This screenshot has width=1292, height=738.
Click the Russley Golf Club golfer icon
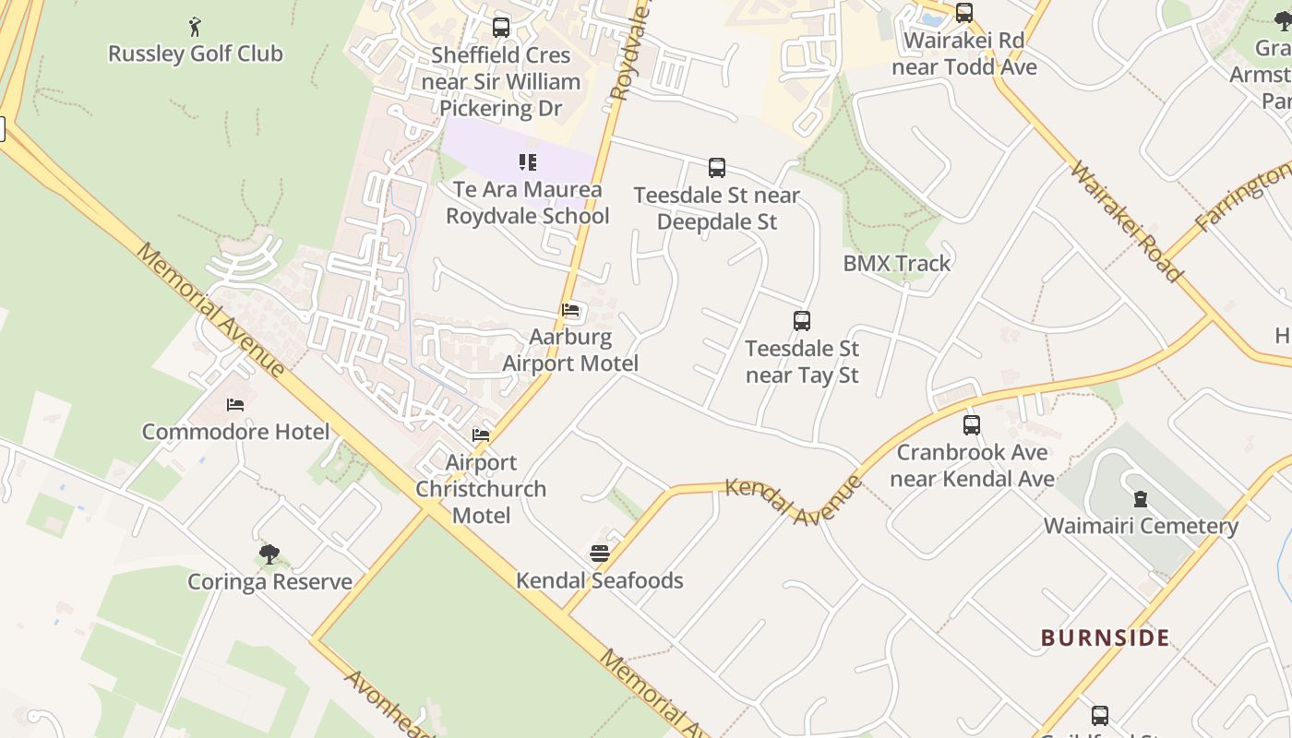[x=195, y=27]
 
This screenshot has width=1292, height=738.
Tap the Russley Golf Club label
[x=196, y=54]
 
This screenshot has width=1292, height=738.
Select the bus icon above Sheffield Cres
[x=501, y=28]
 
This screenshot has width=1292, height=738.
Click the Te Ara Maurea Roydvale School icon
[x=528, y=163]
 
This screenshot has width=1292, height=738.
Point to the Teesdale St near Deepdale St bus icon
[x=717, y=168]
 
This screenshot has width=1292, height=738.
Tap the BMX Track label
[x=896, y=264]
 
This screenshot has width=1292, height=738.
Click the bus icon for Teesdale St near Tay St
[x=802, y=321]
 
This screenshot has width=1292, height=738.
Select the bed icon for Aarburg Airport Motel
[x=570, y=310]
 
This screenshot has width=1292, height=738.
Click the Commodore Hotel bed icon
[x=235, y=405]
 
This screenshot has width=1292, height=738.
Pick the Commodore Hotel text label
[x=235, y=432]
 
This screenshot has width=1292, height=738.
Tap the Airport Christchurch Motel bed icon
[x=481, y=435]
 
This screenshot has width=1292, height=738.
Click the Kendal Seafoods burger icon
[x=600, y=553]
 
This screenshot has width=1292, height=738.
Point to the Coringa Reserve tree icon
[x=269, y=554]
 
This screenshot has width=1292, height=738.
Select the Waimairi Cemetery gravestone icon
[x=1141, y=499]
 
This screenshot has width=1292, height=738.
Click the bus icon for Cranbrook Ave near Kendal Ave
[x=972, y=425]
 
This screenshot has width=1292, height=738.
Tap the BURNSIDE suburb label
[x=1106, y=637]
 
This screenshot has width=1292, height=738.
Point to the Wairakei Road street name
[x=1126, y=221]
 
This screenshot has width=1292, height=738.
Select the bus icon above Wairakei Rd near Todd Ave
[x=964, y=13]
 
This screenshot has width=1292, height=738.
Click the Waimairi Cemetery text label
[x=1141, y=526]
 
